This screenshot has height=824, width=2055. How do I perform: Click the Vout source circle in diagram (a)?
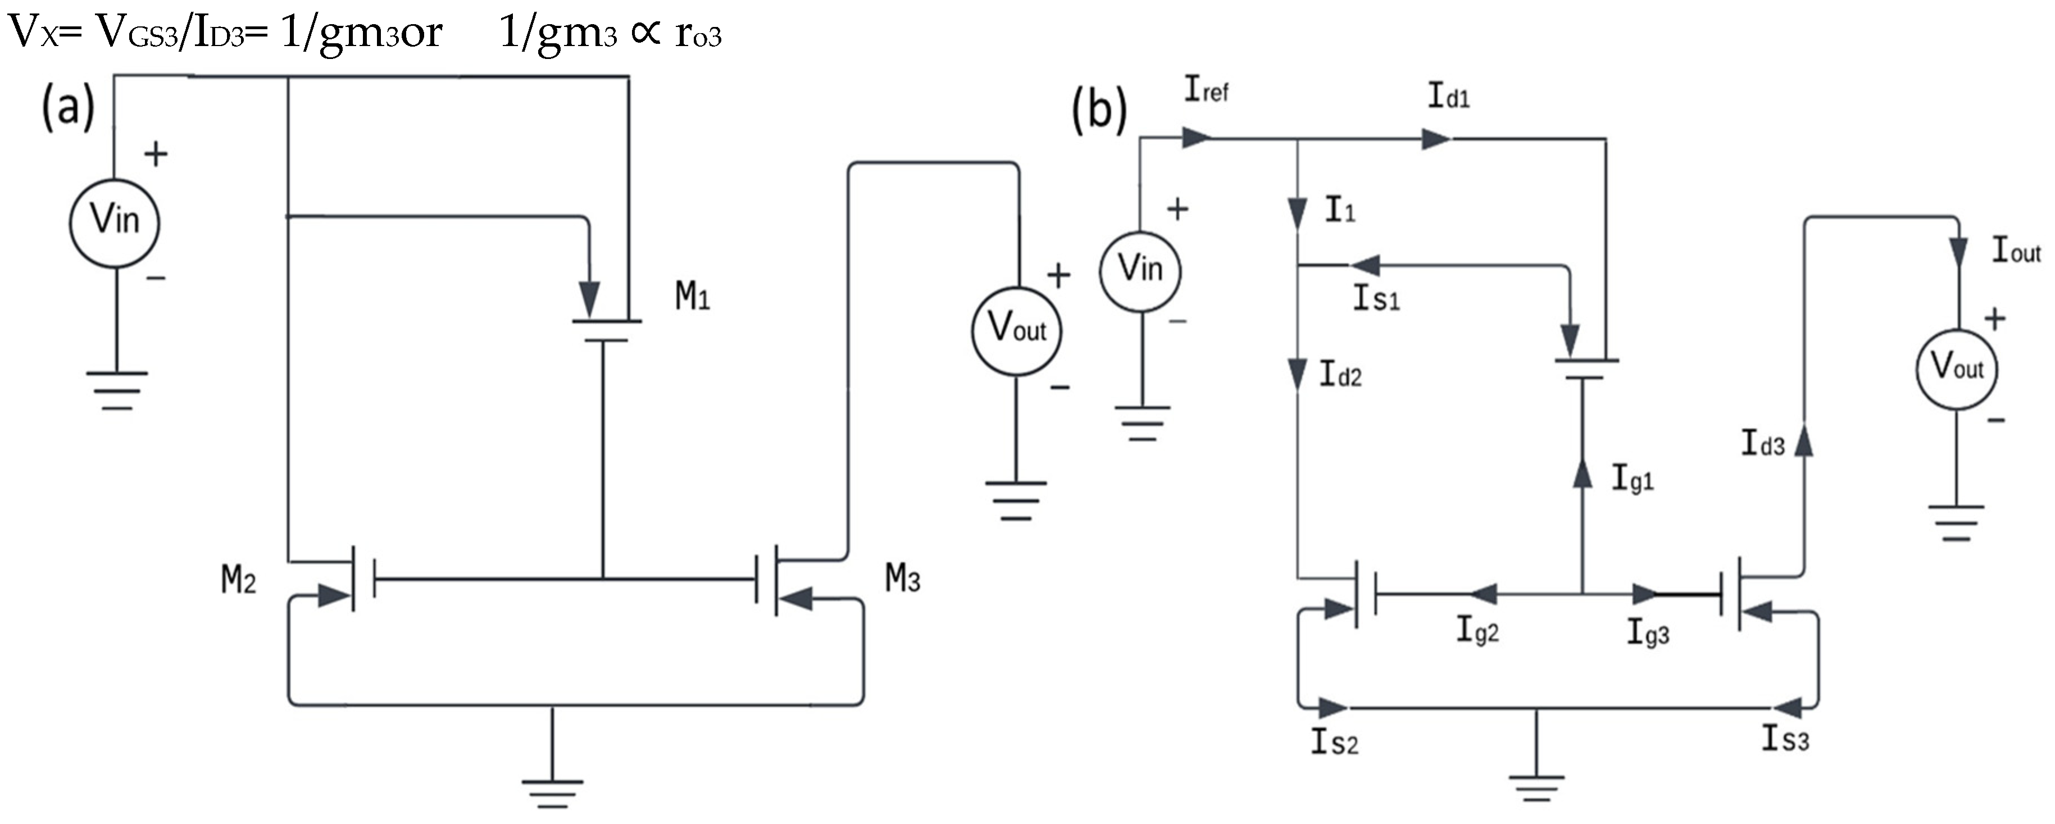(1016, 330)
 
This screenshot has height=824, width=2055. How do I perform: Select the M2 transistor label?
(239, 581)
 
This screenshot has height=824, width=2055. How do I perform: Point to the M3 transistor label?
(902, 579)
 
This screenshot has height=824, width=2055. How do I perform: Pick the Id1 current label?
(1448, 97)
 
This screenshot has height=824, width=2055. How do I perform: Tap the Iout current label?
(2016, 251)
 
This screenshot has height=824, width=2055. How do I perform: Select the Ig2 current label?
(1477, 631)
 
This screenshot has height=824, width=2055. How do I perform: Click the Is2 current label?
(1335, 743)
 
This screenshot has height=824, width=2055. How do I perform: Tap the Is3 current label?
(1785, 739)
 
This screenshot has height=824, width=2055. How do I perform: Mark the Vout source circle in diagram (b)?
(1956, 368)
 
